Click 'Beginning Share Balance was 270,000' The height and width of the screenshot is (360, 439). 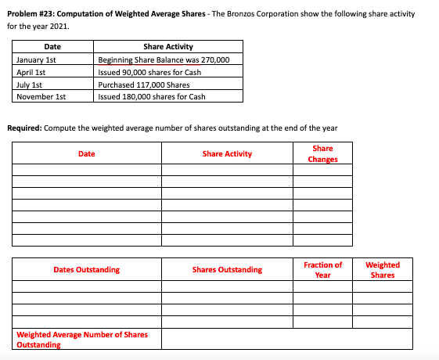163,59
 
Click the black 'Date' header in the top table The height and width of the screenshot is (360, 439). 52,47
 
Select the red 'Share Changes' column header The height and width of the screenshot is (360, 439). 322,153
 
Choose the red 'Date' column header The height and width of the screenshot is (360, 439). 86,153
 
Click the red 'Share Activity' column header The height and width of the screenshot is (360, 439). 227,153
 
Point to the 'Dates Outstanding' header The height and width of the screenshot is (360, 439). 86,270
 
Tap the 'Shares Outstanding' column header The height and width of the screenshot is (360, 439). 227,270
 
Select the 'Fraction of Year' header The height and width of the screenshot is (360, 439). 322,270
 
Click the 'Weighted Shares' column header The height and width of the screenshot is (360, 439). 383,270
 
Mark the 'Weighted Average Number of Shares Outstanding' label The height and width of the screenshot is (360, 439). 81,340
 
